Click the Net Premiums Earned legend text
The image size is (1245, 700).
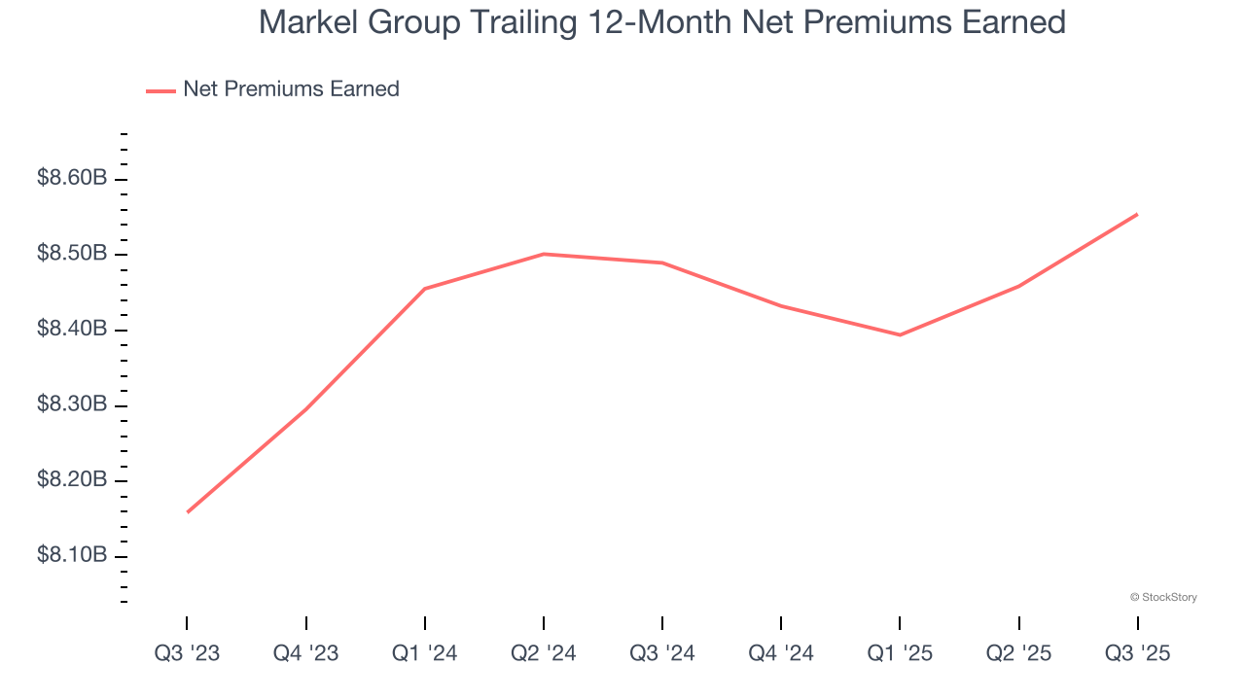coord(291,89)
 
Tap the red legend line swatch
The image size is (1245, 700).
coord(160,90)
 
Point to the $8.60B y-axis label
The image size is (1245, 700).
coord(72,179)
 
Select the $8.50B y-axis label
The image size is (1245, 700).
coord(72,255)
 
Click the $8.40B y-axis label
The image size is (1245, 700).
coord(72,330)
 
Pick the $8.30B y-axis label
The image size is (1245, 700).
coord(72,405)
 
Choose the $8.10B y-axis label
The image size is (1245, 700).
coord(72,556)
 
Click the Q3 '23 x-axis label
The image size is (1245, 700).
coord(187,654)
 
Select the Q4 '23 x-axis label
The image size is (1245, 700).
coord(305,654)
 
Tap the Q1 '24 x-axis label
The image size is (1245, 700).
coord(425,654)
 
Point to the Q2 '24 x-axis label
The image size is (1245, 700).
coord(544,654)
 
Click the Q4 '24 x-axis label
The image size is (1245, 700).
coord(781,654)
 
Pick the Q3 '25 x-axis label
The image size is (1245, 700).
coord(1137,654)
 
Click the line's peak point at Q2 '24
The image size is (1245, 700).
coord(544,254)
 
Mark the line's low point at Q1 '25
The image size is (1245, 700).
coord(900,335)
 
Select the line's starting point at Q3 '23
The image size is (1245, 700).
coord(187,512)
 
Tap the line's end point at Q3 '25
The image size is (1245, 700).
coord(1137,214)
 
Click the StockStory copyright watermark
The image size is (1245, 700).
coord(1163,597)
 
